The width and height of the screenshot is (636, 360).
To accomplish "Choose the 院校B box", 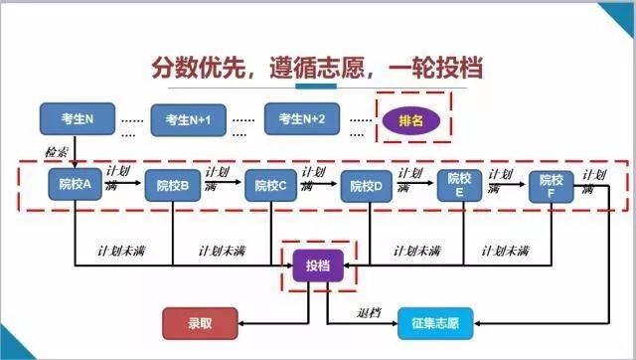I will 173,185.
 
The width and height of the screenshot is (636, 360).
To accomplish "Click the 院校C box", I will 271,185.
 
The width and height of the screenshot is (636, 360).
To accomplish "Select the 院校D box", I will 368,185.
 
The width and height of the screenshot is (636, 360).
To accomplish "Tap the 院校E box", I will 459,185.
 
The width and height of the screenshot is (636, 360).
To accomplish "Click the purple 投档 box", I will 317,265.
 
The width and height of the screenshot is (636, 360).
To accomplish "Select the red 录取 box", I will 200,321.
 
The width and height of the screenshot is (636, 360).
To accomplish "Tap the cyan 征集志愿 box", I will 435,321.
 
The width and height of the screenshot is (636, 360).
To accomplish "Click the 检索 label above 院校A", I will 57,151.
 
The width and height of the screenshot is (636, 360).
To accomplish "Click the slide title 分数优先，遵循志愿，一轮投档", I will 317,66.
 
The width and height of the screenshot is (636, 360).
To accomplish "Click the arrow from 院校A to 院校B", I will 123,184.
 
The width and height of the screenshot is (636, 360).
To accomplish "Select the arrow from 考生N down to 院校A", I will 76,149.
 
